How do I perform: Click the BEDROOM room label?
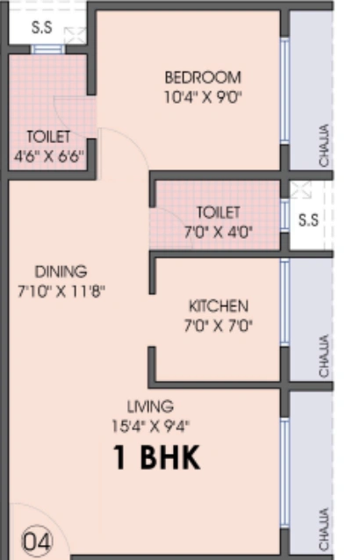[x=203, y=77]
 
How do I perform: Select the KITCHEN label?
[x=219, y=306]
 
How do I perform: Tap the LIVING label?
[x=149, y=406]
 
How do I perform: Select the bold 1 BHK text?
[x=157, y=458]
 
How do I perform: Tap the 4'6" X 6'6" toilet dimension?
[x=49, y=157]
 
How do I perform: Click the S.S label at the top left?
[x=41, y=27]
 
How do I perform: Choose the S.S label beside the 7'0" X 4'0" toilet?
[x=308, y=220]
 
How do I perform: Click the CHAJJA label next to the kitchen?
[x=324, y=355]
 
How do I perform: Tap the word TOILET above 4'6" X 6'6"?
[x=48, y=138]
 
